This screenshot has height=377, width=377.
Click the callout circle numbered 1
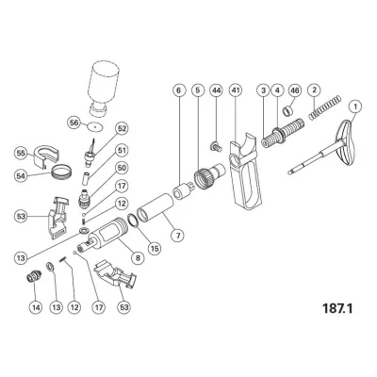point(354,107)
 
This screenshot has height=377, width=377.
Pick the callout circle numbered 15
point(138,255)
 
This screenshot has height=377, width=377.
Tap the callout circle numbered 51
point(122,150)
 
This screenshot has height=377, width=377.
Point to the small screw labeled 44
point(215,144)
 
